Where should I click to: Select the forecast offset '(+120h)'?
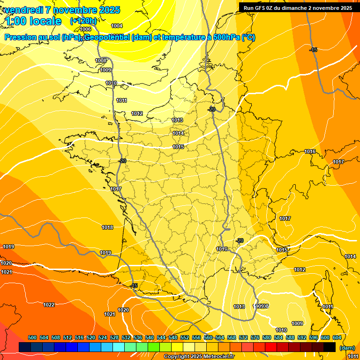pyautogui.click(x=83, y=21)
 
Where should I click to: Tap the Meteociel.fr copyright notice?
pyautogui.click(x=199, y=357)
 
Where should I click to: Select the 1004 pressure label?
pyautogui.click(x=117, y=26)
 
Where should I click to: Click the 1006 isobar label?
pyautogui.click(x=85, y=29)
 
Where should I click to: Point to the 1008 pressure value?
pyautogui.click(x=101, y=60)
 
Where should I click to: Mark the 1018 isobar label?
pyautogui.click(x=107, y=227)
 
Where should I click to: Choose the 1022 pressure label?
pyautogui.click(x=49, y=305)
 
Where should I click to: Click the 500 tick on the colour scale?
pyautogui.click(x=32, y=337)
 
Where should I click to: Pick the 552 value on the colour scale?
pyautogui.click(x=185, y=337)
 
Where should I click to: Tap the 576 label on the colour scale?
pyautogui.click(x=255, y=337)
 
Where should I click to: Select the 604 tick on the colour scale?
pyautogui.click(x=337, y=337)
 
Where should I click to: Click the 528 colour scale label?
pyautogui.click(x=114, y=337)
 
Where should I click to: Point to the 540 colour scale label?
pyautogui.click(x=150, y=337)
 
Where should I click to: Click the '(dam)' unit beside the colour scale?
pyautogui.click(x=347, y=348)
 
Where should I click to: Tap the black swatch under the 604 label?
pyautogui.click(x=330, y=347)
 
